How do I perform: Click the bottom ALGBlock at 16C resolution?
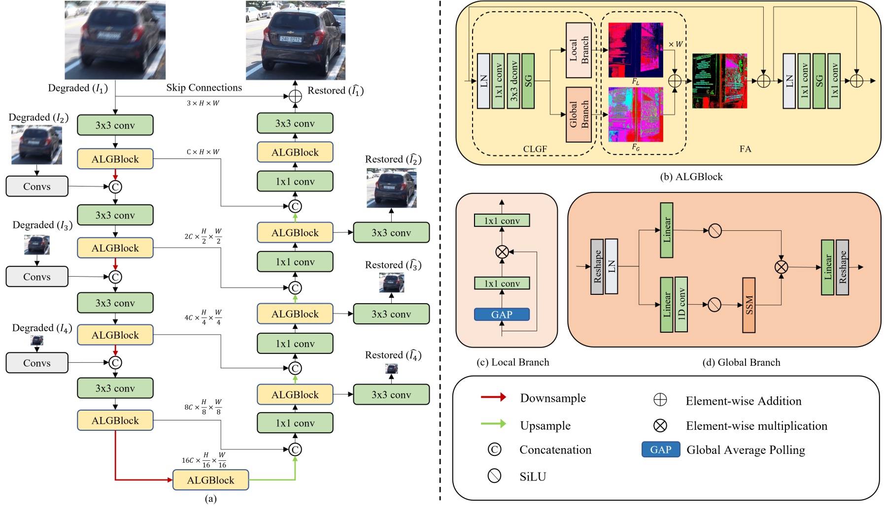pyautogui.click(x=210, y=480)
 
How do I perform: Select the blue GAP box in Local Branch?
pyautogui.click(x=502, y=315)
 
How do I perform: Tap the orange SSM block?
pyautogui.click(x=748, y=305)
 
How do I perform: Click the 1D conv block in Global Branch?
pyautogui.click(x=681, y=304)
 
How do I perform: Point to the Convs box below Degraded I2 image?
pyautogui.click(x=37, y=187)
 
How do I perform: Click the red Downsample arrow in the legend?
pyautogui.click(x=493, y=397)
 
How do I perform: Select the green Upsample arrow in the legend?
pyautogui.click(x=493, y=424)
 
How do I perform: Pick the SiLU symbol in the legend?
pyautogui.click(x=494, y=476)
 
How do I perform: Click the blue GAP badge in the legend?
pyautogui.click(x=660, y=449)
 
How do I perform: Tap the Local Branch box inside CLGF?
pyautogui.click(x=578, y=50)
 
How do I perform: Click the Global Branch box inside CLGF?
pyautogui.click(x=578, y=115)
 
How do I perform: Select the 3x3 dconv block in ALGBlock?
pyautogui.click(x=513, y=81)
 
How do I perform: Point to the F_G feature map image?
pyautogui.click(x=636, y=115)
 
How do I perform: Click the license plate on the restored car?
pyautogui.click(x=290, y=39)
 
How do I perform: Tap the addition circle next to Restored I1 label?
pyautogui.click(x=295, y=96)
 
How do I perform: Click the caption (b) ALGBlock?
pyautogui.click(x=691, y=177)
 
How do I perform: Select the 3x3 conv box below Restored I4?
pyautogui.click(x=391, y=395)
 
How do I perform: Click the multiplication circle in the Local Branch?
pyautogui.click(x=502, y=252)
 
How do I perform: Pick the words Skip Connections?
pyautogui.click(x=204, y=88)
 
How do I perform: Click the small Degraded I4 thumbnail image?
pyautogui.click(x=37, y=341)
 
